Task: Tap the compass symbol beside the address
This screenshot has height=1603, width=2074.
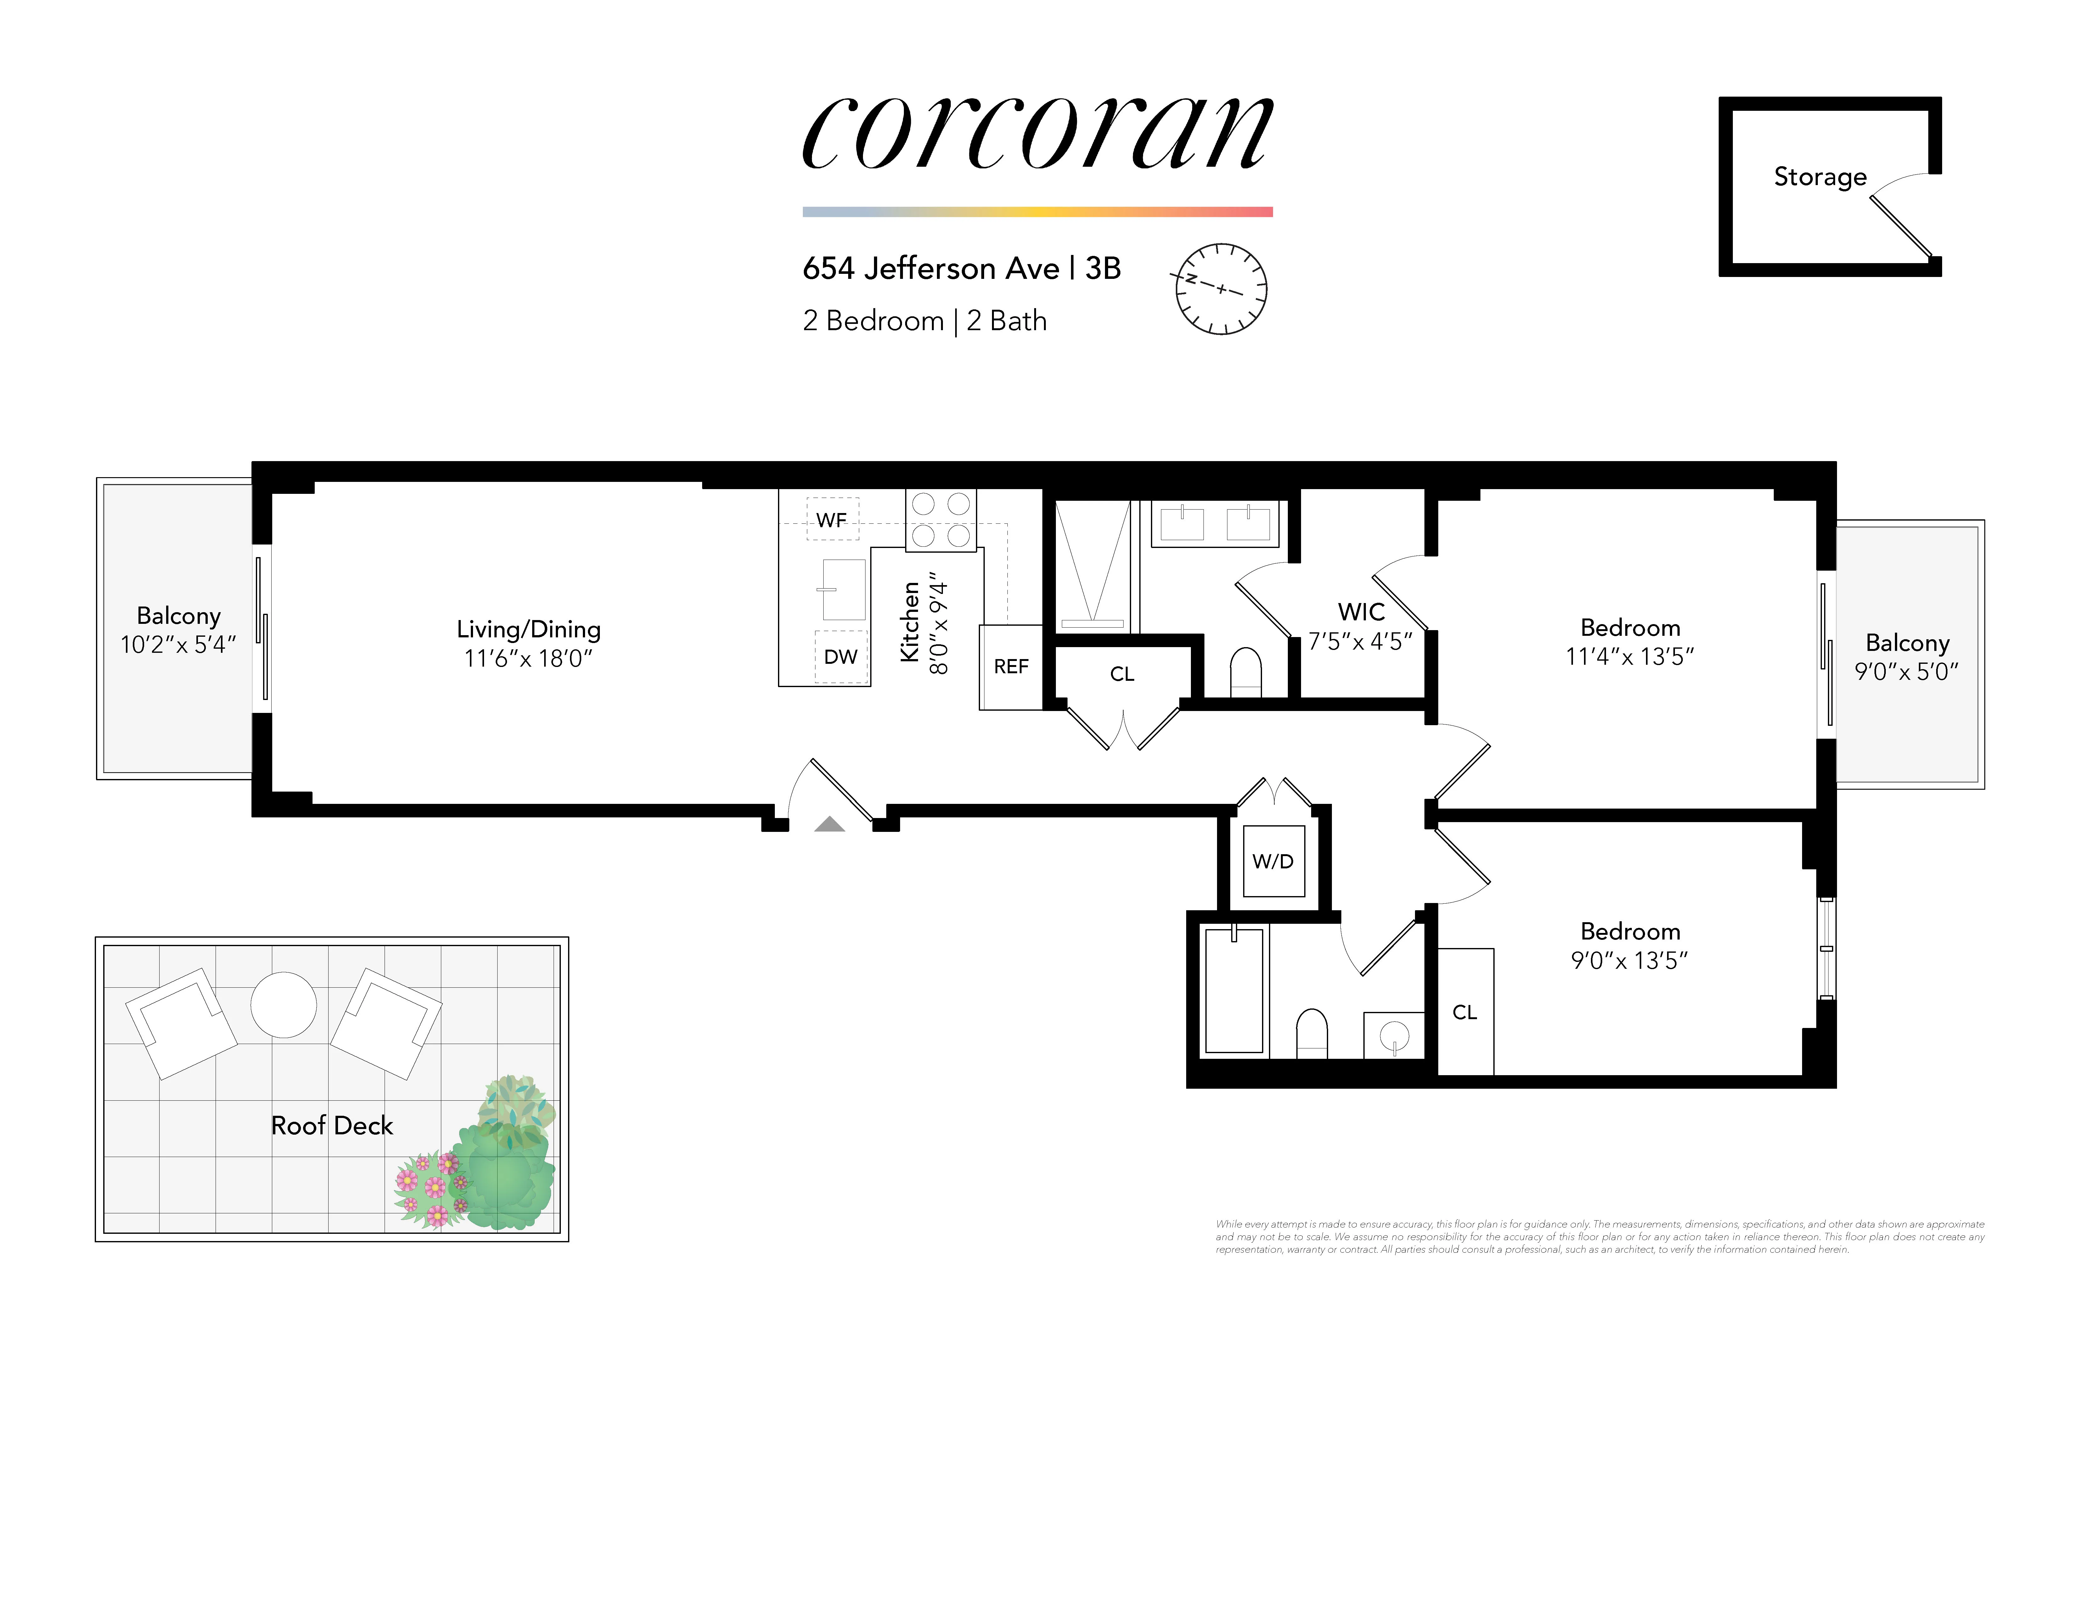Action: [x=1221, y=289]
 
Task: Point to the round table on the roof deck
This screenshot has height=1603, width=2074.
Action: [x=283, y=1005]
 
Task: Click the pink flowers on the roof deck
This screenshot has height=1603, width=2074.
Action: [x=432, y=1189]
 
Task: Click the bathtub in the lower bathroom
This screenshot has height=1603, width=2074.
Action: [x=1234, y=991]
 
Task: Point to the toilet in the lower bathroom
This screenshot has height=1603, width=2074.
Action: [x=1311, y=1033]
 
